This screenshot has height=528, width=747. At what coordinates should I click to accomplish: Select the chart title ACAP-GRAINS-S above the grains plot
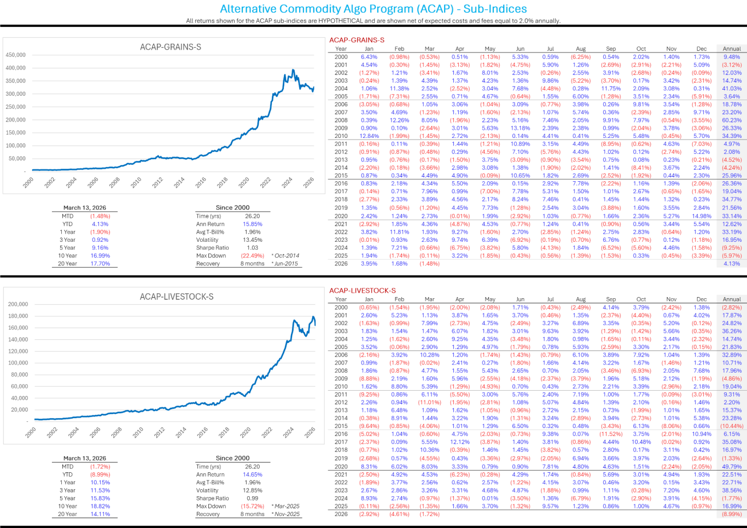tap(170, 47)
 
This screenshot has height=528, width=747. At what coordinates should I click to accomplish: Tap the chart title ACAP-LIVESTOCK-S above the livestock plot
tap(176, 297)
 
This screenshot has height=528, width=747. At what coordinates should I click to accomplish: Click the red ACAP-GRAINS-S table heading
tap(357, 40)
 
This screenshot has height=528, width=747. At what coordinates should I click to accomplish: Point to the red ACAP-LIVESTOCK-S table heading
tap(362, 291)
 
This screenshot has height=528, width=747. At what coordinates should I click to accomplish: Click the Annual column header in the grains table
tap(732, 49)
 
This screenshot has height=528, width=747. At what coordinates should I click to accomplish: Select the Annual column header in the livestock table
tap(732, 299)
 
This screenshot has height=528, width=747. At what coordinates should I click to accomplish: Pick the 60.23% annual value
tap(732, 120)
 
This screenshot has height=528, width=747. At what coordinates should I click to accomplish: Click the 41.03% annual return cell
tap(732, 89)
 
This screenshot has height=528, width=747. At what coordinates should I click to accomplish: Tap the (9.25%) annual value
tap(732, 247)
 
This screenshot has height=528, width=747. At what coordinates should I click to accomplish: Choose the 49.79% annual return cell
tap(732, 467)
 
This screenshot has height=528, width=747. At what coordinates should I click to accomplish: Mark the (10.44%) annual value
tap(732, 426)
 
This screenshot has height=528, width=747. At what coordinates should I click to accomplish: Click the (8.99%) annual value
tap(732, 514)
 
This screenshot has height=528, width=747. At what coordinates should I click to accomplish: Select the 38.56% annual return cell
tap(732, 490)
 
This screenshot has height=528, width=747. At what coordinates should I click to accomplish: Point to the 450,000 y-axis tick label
tap(16, 55)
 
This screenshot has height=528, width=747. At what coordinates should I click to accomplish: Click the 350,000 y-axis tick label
tap(16, 81)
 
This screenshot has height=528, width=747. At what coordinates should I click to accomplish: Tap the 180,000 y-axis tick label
tap(18, 316)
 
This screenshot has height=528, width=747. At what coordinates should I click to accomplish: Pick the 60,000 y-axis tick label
tap(19, 386)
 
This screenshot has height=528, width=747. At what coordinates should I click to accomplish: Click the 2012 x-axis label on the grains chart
tap(157, 183)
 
